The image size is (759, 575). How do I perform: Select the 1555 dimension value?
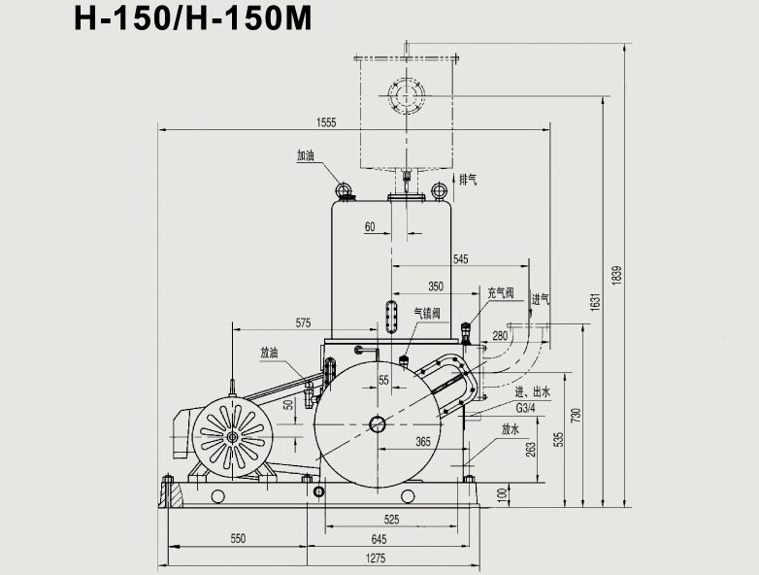(x=326, y=122)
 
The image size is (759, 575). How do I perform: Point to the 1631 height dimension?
(x=596, y=303)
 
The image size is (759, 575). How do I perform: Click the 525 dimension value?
(x=391, y=519)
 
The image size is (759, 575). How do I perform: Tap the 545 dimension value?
(x=461, y=259)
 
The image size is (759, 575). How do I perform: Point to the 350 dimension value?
(x=436, y=287)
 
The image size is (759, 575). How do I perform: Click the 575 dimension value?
(x=304, y=322)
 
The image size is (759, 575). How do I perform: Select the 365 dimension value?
(x=423, y=442)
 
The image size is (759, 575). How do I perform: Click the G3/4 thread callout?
(x=527, y=408)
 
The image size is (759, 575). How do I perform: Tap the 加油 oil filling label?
(x=306, y=155)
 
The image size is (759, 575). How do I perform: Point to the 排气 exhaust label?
(x=468, y=179)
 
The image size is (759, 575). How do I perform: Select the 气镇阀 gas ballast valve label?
(x=428, y=313)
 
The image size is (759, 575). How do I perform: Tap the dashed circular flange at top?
(x=407, y=95)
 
